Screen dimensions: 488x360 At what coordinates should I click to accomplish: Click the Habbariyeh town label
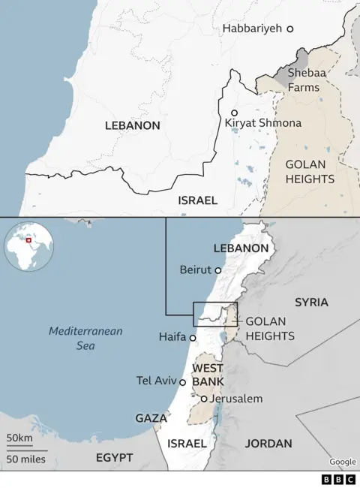(x=252, y=28)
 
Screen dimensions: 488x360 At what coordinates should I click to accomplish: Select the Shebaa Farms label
(x=304, y=80)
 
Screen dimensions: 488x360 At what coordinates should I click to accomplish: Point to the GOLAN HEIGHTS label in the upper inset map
(x=309, y=172)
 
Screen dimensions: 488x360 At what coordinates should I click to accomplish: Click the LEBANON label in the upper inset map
(x=132, y=126)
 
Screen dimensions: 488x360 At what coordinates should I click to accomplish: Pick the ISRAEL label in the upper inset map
(x=197, y=200)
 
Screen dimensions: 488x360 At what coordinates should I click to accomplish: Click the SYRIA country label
(x=311, y=302)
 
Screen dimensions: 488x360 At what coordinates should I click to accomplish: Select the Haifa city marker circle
(x=193, y=339)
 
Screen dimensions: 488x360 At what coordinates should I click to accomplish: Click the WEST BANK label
(x=207, y=375)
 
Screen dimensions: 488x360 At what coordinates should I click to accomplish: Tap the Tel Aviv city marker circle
(x=182, y=382)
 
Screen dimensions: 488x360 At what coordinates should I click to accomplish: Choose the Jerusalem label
(x=236, y=399)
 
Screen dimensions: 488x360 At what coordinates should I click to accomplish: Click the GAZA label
(x=151, y=417)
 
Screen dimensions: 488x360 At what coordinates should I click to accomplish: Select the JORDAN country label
(x=268, y=443)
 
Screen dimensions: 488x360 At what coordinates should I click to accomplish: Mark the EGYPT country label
(x=114, y=457)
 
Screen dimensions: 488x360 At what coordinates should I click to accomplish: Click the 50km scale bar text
(x=19, y=438)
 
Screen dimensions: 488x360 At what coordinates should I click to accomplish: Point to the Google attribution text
(x=342, y=462)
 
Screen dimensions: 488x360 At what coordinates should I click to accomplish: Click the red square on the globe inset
(x=29, y=241)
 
